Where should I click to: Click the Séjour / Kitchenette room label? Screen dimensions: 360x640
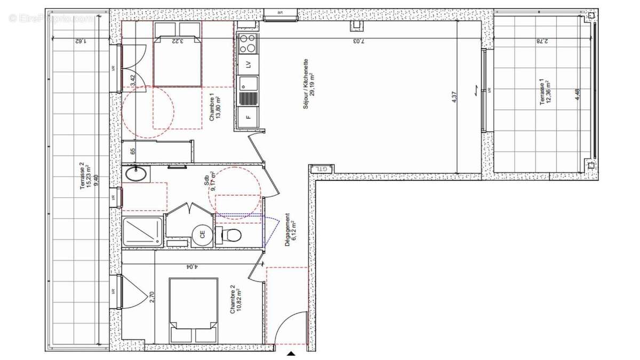[x=310, y=91]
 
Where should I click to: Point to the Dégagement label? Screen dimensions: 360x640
[x=291, y=229]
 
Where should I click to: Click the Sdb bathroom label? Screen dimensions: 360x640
[x=210, y=181]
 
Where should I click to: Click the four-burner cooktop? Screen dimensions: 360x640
[x=247, y=43]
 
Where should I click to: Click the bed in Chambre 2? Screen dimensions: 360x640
[x=194, y=310]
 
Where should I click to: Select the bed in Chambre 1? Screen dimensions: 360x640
[x=178, y=54]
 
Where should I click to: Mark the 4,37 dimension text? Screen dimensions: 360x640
[x=454, y=98]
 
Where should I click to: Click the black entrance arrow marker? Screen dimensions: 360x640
[x=291, y=353]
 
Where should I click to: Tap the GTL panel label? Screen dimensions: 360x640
[x=321, y=169]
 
